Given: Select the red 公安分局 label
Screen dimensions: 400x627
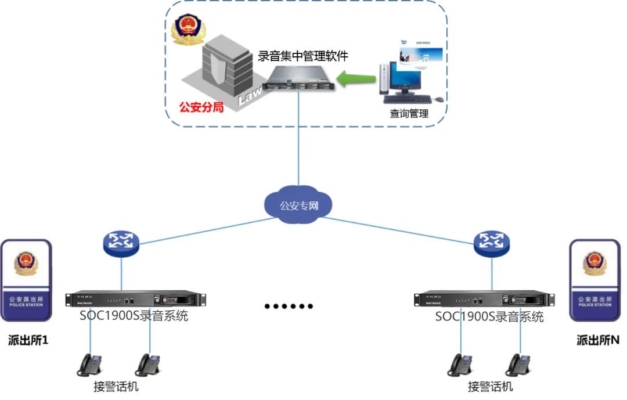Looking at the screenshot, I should [x=201, y=107].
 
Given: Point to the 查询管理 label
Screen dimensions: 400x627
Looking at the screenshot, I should [x=409, y=113].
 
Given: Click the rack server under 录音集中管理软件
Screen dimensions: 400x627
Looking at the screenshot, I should [x=298, y=81].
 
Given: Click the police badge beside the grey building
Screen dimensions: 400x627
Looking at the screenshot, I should [x=187, y=30].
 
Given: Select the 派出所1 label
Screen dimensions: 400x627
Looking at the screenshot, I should [x=28, y=340].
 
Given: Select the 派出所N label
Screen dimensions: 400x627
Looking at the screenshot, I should [x=597, y=340].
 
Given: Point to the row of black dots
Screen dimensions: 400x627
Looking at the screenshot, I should [x=289, y=306].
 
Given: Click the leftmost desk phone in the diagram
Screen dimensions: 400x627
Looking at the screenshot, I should [x=90, y=365].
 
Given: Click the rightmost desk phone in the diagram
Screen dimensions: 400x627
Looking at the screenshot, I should [x=518, y=365].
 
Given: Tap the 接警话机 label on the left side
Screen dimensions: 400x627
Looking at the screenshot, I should [x=116, y=387].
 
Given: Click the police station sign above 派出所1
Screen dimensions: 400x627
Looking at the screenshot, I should [x=26, y=280].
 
